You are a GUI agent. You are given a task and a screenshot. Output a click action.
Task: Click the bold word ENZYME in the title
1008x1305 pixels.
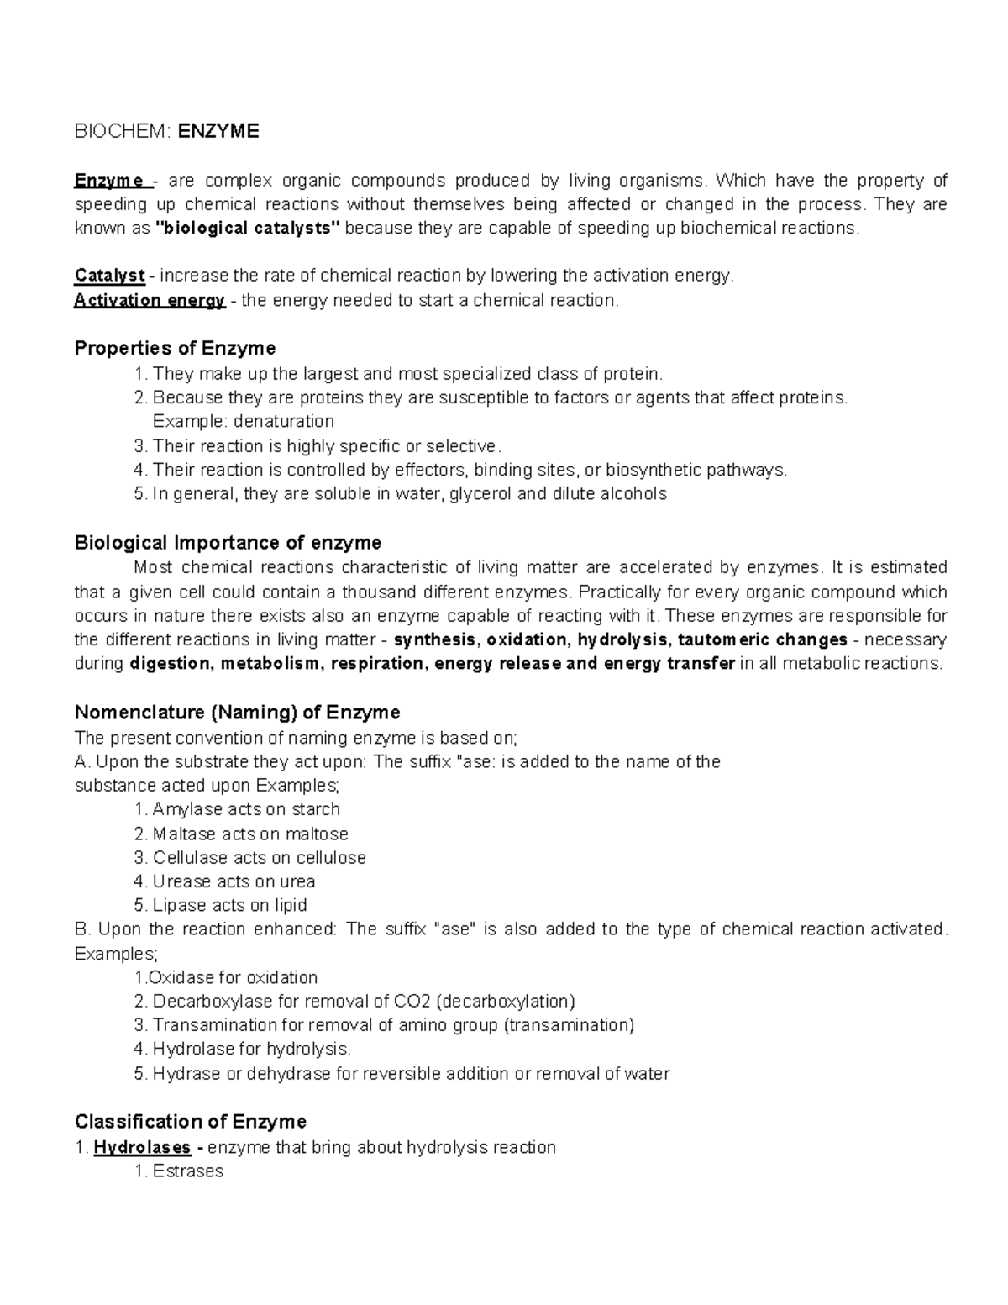[224, 131]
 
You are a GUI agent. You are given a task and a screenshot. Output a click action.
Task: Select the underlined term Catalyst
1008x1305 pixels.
[109, 276]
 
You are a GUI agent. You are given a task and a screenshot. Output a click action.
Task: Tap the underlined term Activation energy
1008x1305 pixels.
[150, 300]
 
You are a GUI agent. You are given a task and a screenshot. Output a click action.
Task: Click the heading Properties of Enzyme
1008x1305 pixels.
[175, 348]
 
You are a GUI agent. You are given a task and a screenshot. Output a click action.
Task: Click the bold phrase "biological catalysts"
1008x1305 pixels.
[249, 228]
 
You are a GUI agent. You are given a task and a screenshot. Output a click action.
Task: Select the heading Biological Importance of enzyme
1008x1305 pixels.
[228, 542]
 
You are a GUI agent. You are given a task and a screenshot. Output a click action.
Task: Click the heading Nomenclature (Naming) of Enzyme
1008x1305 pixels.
[237, 713]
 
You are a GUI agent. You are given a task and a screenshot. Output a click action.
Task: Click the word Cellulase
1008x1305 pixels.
[190, 858]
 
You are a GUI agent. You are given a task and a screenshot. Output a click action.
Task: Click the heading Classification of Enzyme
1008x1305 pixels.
[190, 1122]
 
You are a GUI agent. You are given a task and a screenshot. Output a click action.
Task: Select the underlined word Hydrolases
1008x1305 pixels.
[142, 1147]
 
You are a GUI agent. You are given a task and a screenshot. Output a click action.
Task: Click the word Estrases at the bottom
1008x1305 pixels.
[187, 1171]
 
